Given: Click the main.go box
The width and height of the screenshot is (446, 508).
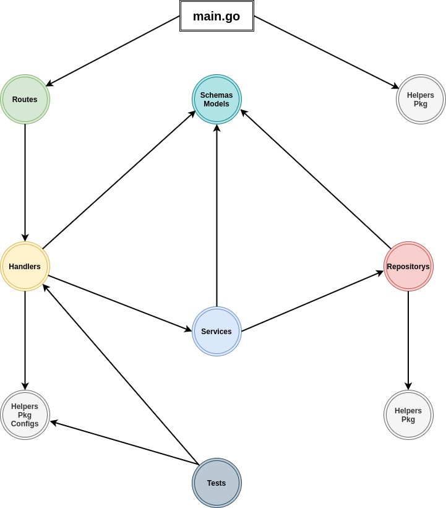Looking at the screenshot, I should click(x=217, y=16).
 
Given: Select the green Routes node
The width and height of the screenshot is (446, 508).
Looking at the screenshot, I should click(x=25, y=100).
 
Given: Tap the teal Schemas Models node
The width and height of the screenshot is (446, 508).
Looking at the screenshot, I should click(x=217, y=100).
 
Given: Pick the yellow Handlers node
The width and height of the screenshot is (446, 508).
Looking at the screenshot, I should click(x=25, y=267).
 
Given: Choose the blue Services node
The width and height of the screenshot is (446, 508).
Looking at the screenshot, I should click(x=217, y=332).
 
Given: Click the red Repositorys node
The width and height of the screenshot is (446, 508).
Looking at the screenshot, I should click(x=408, y=267).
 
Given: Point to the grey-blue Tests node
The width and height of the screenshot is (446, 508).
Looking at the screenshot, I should click(x=217, y=483).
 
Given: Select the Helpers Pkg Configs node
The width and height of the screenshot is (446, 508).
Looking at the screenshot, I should click(x=25, y=415).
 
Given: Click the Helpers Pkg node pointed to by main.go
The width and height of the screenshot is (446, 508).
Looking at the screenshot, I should click(x=421, y=100).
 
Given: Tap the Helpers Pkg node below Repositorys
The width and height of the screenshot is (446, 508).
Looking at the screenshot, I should click(x=408, y=415).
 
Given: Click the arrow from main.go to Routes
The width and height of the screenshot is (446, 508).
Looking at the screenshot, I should click(x=113, y=51).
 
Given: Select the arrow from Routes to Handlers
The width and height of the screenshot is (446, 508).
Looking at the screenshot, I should click(x=25, y=183).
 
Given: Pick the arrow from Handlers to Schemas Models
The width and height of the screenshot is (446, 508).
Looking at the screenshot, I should click(x=119, y=180).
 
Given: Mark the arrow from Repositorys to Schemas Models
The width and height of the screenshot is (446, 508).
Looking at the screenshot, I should click(x=316, y=179).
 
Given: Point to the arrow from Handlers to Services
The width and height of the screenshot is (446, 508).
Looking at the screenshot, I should click(x=120, y=303).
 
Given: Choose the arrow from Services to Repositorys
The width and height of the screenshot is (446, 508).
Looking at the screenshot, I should click(x=312, y=301).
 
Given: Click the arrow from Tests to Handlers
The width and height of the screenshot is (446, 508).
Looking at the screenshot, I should click(x=121, y=374).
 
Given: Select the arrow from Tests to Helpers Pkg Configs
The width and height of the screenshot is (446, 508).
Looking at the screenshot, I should click(x=124, y=443).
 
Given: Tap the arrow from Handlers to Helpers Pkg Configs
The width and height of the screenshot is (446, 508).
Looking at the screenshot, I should click(x=25, y=340).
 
